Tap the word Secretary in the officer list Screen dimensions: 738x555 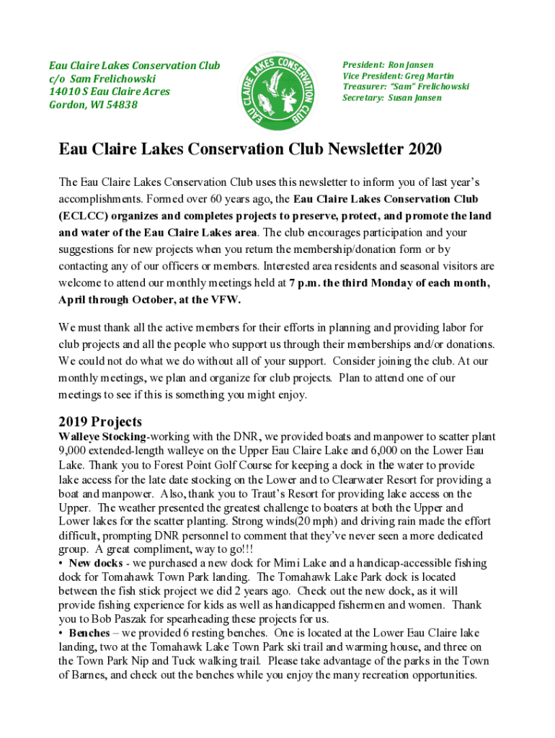pyautogui.click(x=363, y=97)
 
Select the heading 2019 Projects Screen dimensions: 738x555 pyautogui.click(x=100, y=422)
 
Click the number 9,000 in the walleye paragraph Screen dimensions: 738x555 pyautogui.click(x=72, y=451)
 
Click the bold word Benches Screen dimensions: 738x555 pyautogui.click(x=89, y=633)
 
